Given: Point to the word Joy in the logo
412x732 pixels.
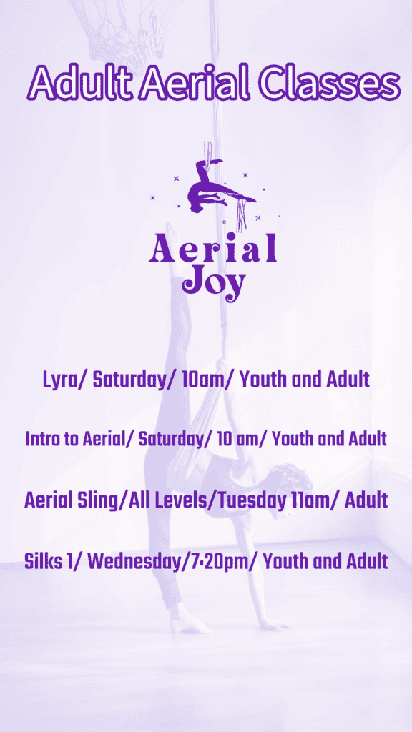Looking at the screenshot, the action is click(x=214, y=282).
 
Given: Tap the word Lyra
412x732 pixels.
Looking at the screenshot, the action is click(x=60, y=380).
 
